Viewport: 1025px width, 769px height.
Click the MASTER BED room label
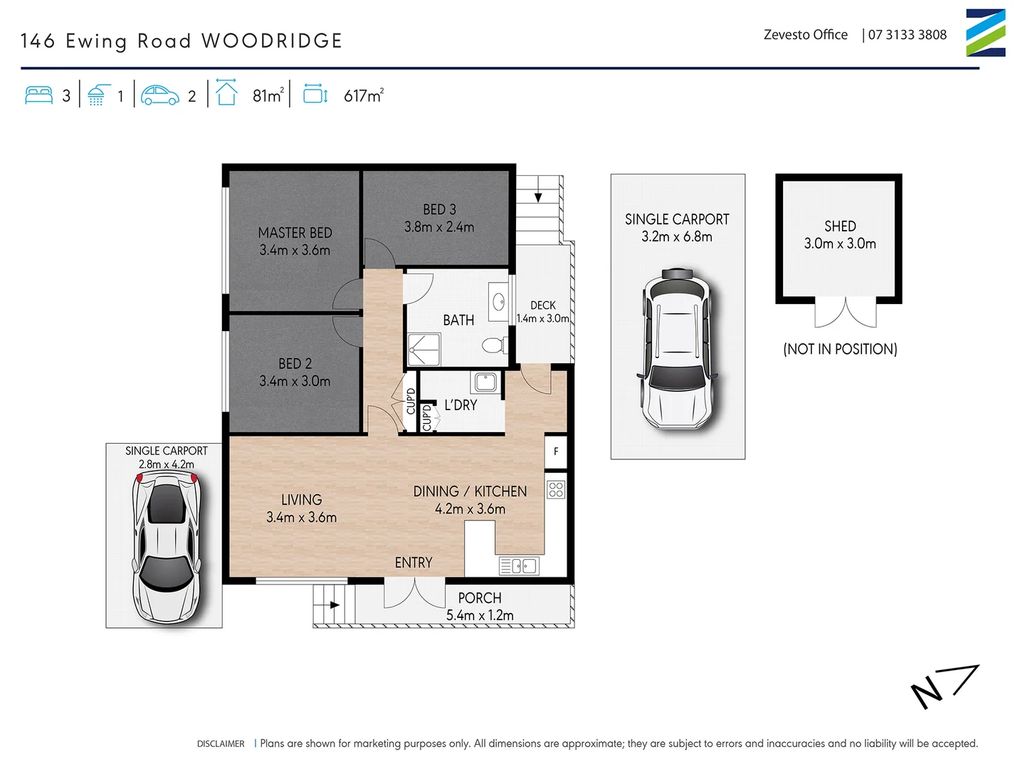(295, 233)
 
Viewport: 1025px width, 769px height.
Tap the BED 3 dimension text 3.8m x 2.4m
(438, 227)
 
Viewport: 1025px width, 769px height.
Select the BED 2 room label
(295, 364)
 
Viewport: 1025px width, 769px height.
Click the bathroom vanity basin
(498, 299)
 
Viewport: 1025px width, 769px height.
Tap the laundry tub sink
(485, 382)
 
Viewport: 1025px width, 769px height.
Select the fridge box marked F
(556, 451)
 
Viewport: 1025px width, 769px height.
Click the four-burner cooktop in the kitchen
(556, 489)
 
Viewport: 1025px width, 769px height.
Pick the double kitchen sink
(520, 566)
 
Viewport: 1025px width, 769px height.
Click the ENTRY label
(413, 563)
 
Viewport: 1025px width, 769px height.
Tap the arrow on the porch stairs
(334, 605)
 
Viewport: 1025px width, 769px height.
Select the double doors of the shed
(845, 313)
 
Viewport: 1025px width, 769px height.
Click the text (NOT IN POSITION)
(840, 349)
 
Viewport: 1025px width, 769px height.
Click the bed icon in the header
(38, 95)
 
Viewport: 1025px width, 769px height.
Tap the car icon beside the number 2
(159, 95)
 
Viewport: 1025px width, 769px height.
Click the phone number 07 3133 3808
(907, 35)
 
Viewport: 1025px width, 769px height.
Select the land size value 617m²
(364, 95)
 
